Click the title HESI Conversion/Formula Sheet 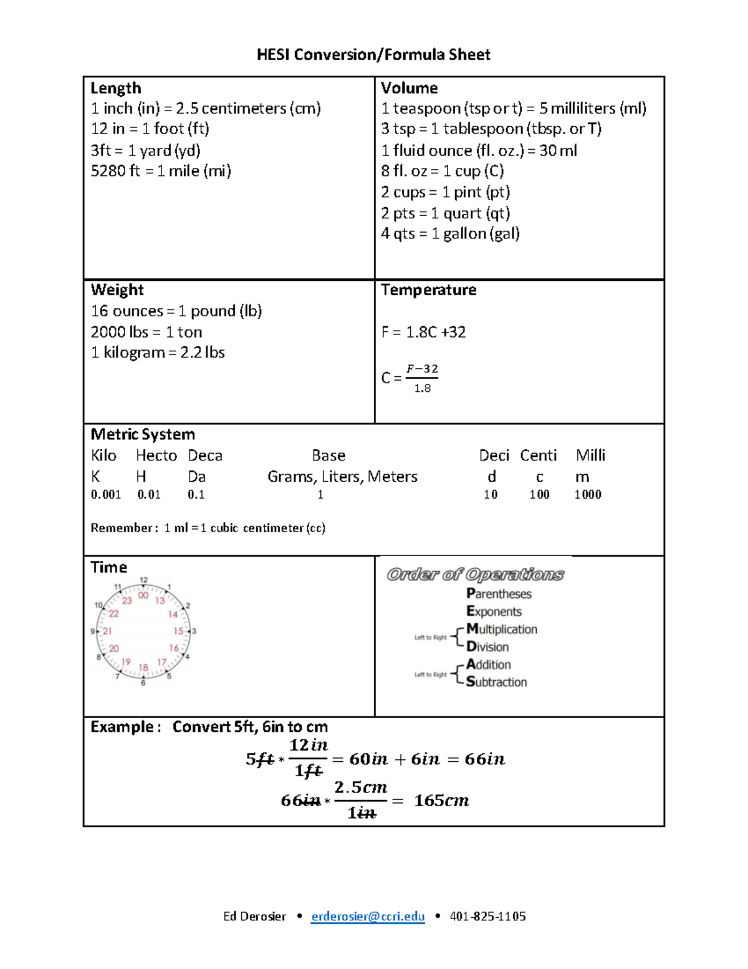[373, 55]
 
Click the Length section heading [116, 88]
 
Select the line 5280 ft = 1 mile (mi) [161, 171]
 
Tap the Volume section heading [409, 88]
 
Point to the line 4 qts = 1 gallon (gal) [450, 234]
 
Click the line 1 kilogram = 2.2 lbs [158, 353]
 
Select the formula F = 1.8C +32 [423, 332]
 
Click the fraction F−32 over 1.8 [422, 378]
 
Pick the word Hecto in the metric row [156, 455]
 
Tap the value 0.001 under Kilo [106, 495]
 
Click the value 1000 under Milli [588, 495]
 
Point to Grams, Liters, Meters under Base [342, 477]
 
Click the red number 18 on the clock [143, 668]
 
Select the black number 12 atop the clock [144, 580]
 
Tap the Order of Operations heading [475, 574]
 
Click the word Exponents [494, 611]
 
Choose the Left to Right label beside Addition [431, 674]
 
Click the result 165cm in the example [441, 801]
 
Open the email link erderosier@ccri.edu [368, 916]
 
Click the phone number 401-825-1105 [487, 916]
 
